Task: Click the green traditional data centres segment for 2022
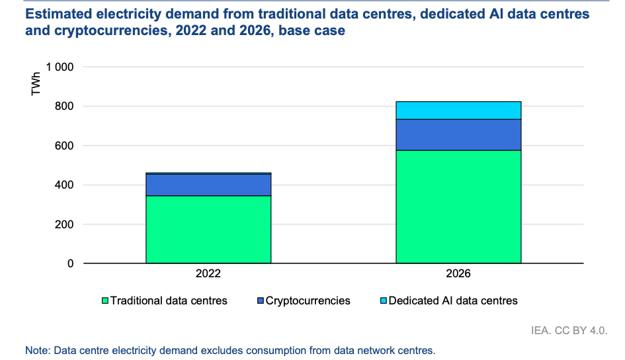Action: pos(208,230)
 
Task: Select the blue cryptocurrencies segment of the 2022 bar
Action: pos(208,185)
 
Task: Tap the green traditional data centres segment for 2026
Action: pos(458,206)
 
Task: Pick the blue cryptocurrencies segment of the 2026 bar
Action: pos(458,135)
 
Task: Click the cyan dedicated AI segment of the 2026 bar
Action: pos(458,111)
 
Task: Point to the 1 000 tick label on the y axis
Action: pos(60,67)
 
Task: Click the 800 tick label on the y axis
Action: pos(65,107)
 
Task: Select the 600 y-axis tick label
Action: pos(65,146)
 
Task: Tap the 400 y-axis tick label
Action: pos(65,185)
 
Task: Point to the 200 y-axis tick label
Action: pos(65,224)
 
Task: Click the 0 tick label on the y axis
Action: pos(71,264)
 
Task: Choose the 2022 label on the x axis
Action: pos(208,273)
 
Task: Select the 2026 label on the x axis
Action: pos(458,273)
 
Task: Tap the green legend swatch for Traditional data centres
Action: pos(105,301)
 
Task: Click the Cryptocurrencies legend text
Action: pos(308,300)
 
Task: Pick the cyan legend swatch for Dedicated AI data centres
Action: pos(383,301)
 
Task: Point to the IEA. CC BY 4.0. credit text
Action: pos(569,329)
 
